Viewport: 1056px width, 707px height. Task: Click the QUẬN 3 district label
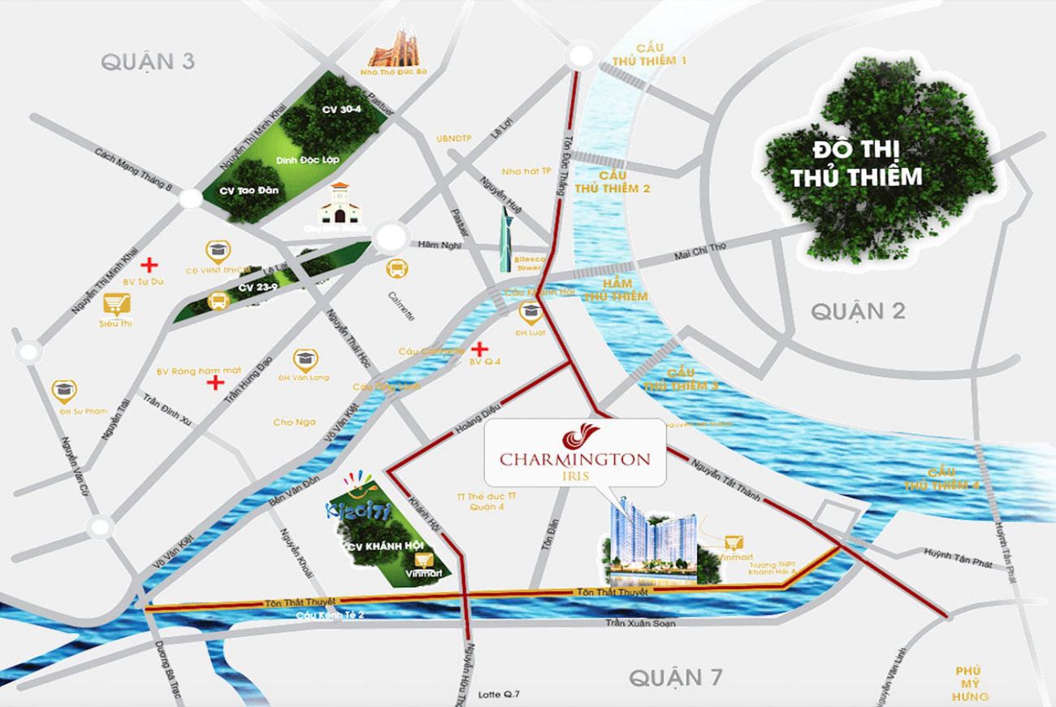(148, 62)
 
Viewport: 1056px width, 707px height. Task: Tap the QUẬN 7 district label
(676, 676)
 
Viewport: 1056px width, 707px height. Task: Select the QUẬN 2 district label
(858, 310)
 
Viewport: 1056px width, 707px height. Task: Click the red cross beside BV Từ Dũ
(149, 264)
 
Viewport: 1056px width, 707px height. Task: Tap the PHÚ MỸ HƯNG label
(971, 683)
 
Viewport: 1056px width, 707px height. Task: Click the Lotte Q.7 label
(499, 694)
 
